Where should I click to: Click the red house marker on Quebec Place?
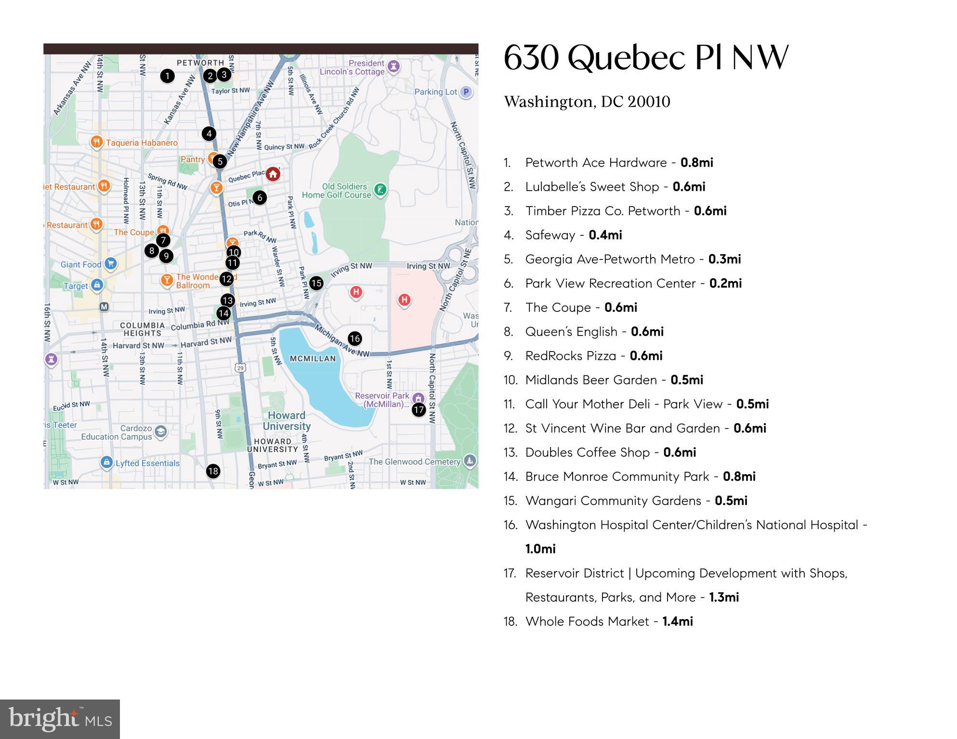pos(273,174)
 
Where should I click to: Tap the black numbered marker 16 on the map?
pos(355,338)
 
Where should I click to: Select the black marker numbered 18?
pos(213,471)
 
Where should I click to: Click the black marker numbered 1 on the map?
pos(167,76)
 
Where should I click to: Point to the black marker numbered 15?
pos(316,283)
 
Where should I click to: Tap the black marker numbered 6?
pos(260,197)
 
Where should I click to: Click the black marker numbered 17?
pos(419,410)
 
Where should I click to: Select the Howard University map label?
pos(287,421)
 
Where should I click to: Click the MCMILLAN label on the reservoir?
pos(313,359)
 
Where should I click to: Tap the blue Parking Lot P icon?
pos(465,91)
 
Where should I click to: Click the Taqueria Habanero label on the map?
pos(142,143)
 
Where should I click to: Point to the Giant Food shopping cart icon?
pos(111,264)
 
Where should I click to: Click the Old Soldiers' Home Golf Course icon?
pos(380,190)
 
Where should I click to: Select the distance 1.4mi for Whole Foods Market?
pos(678,622)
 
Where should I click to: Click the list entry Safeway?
pos(550,235)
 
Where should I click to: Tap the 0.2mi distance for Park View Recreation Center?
pos(725,283)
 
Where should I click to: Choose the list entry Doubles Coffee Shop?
pos(588,453)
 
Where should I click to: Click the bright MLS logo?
pos(60,719)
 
